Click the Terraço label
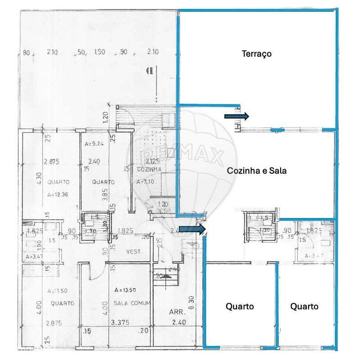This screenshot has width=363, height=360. click(257, 54)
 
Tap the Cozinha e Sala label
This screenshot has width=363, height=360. click(257, 171)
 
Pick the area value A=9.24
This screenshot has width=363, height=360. click(94, 144)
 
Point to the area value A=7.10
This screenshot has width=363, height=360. click(146, 182)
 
